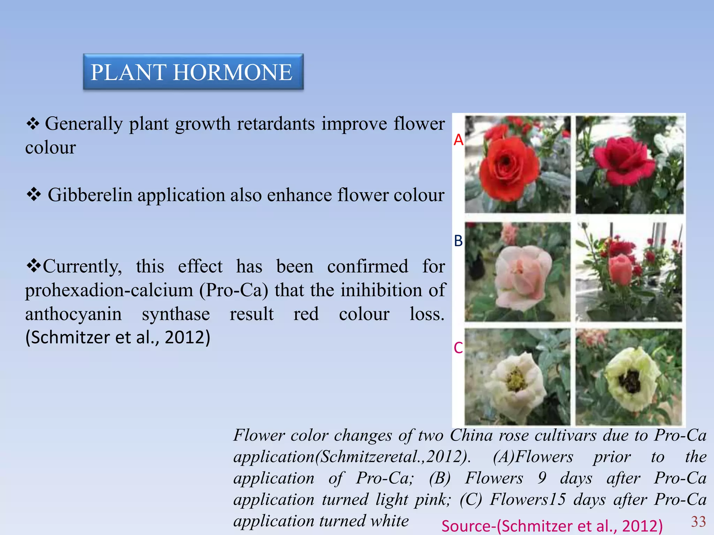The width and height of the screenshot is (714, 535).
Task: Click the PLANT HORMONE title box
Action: point(193,72)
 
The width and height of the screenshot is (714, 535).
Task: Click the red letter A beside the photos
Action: point(458,140)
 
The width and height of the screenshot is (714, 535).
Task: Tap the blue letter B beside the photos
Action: point(458,241)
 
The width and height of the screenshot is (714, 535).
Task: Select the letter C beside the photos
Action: point(458,348)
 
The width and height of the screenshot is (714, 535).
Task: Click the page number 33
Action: point(698,521)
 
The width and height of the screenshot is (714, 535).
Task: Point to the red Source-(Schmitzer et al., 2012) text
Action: point(552,526)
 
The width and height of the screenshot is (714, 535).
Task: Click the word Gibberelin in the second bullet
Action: point(90,195)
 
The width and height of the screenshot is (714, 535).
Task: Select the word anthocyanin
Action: point(74,314)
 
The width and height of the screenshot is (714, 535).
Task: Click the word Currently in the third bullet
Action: point(82,267)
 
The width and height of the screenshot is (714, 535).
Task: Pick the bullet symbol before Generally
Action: point(33,124)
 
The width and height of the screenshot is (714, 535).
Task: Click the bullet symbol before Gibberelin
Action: point(34,194)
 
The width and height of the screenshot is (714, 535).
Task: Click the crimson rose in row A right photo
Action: point(624,160)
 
